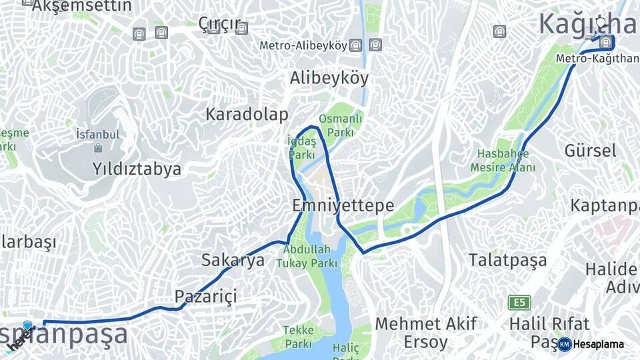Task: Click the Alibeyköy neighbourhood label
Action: tap(329, 78)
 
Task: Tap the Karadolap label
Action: tap(247, 114)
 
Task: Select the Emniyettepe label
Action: tap(343, 205)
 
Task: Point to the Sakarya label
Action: tap(233, 260)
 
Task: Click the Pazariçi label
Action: tap(206, 295)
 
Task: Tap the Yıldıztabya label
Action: tap(137, 169)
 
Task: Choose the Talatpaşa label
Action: tap(507, 259)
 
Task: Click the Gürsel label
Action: tap(590, 150)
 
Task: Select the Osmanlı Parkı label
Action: tap(341, 125)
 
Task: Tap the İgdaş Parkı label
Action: tap(301, 147)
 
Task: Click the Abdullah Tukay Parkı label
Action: tap(307, 256)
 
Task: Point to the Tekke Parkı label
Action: tap(298, 337)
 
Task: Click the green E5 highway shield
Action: tap(519, 303)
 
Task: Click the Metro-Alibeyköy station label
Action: tap(303, 46)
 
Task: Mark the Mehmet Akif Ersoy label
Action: tap(426, 333)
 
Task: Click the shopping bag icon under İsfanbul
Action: tap(98, 148)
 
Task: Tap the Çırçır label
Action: tap(219, 24)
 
